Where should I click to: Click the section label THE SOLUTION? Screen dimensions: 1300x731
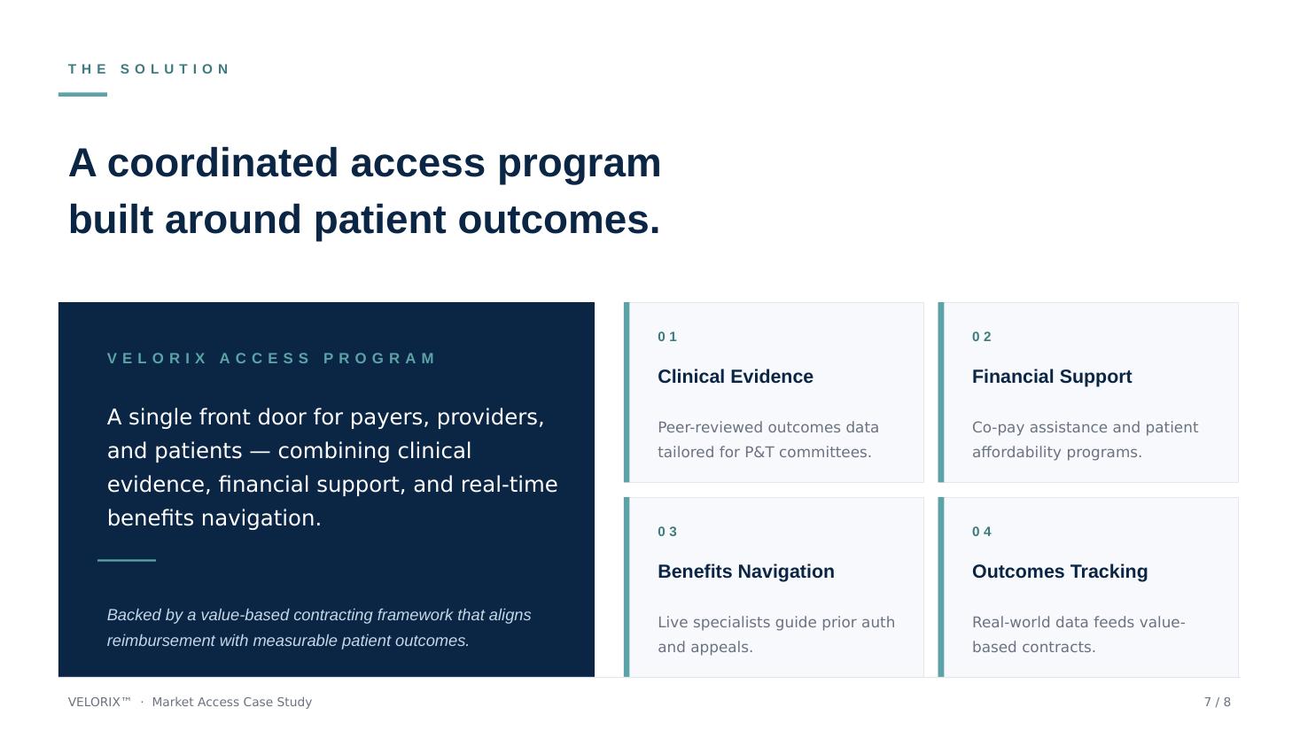point(149,69)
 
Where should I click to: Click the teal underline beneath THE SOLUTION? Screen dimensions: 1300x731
point(82,94)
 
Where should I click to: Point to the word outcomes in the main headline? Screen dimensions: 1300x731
point(559,220)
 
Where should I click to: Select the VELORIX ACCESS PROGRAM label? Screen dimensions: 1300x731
point(271,358)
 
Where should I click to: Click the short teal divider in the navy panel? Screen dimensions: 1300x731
point(127,560)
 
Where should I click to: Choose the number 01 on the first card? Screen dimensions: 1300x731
point(667,337)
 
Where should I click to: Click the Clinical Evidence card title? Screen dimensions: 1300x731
point(736,376)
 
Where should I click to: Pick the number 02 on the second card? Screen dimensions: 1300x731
point(982,337)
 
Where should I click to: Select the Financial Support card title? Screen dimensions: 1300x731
point(1052,376)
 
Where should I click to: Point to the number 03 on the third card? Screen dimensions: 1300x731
point(667,532)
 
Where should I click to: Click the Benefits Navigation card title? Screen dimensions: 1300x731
point(746,571)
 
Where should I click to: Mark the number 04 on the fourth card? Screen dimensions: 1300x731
point(982,532)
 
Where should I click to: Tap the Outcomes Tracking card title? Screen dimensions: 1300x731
point(1060,571)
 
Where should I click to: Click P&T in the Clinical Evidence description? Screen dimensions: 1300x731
point(759,452)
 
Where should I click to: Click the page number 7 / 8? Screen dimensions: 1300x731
point(1217,702)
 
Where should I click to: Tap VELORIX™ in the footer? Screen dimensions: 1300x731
point(99,702)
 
